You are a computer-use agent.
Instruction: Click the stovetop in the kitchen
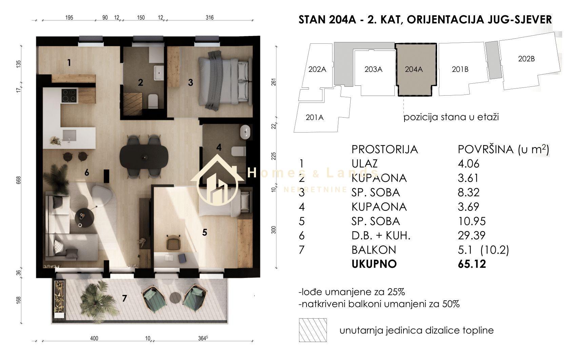click(69, 96)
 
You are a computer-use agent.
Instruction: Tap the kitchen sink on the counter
click(69, 136)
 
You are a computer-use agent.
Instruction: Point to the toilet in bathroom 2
click(153, 101)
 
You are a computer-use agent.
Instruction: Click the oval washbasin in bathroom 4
click(245, 132)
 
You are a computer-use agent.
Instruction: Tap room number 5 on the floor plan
click(205, 233)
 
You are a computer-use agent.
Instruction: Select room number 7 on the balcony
click(124, 298)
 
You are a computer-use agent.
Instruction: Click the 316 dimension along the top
click(210, 18)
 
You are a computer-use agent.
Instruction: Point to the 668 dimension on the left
click(18, 180)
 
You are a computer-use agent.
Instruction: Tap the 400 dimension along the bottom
click(94, 338)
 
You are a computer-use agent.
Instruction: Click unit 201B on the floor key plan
click(460, 69)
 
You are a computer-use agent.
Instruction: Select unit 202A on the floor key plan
click(317, 69)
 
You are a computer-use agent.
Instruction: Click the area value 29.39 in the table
click(471, 236)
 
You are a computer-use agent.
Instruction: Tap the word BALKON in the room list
click(374, 250)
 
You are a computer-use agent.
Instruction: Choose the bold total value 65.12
click(472, 264)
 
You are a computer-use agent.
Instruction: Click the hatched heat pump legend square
click(313, 330)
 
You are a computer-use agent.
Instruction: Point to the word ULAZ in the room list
click(364, 164)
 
